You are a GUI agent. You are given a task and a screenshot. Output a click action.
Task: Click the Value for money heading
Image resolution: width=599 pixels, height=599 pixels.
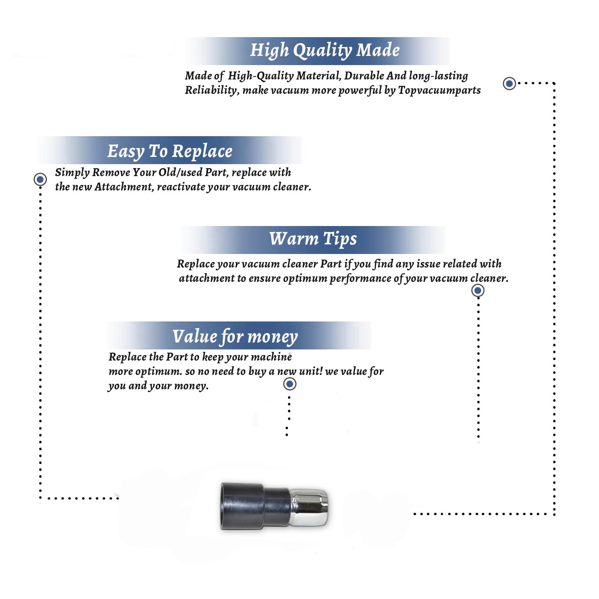pos(235,337)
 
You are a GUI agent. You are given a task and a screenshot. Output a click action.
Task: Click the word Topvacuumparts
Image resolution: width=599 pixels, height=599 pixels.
pos(439,90)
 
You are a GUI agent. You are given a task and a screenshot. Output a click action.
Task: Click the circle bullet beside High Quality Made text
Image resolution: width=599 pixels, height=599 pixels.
pos(509,83)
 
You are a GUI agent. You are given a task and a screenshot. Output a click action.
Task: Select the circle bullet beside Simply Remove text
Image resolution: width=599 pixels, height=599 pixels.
pos(40,179)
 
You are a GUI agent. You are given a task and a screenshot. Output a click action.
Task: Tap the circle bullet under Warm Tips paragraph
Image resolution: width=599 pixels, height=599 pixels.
pos(478,290)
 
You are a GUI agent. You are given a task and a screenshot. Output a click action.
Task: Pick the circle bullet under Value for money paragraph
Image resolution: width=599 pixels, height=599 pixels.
pos(290,384)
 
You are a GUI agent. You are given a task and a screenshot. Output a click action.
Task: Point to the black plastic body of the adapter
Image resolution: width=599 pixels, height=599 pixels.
pos(256,506)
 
